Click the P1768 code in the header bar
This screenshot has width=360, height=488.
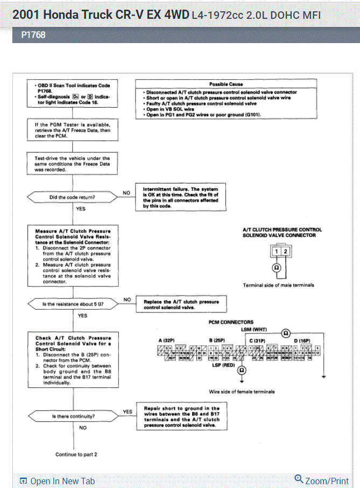click(x=33, y=35)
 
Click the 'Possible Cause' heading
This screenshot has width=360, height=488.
click(x=226, y=84)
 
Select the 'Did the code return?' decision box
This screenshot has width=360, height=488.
click(x=72, y=198)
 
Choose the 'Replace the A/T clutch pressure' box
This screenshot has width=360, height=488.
click(x=181, y=305)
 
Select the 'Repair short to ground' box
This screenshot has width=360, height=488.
click(x=181, y=417)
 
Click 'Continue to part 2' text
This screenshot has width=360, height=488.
click(x=76, y=455)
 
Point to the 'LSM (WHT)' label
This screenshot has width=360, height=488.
click(x=253, y=329)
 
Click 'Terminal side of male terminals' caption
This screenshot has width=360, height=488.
click(x=278, y=285)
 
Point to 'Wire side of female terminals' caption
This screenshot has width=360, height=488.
click(x=242, y=392)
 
